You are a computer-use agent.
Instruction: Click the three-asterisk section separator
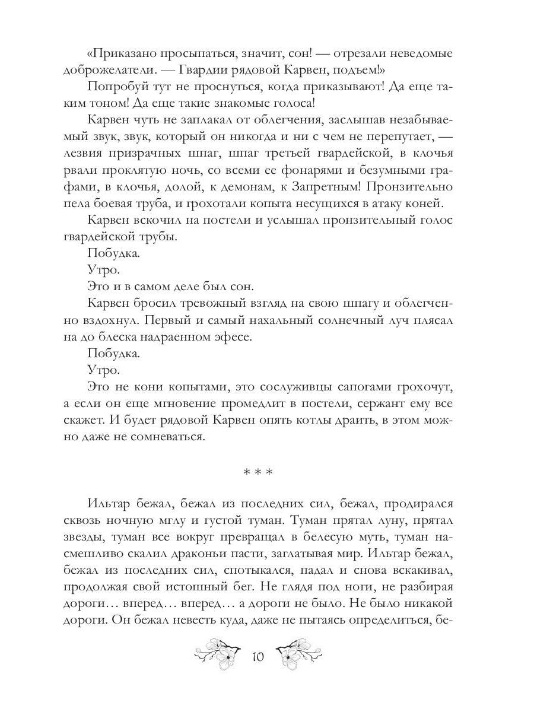click(x=258, y=473)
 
